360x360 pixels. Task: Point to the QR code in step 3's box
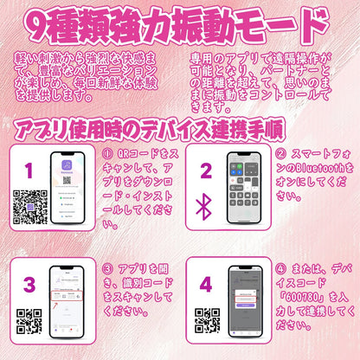coord(29,320)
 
